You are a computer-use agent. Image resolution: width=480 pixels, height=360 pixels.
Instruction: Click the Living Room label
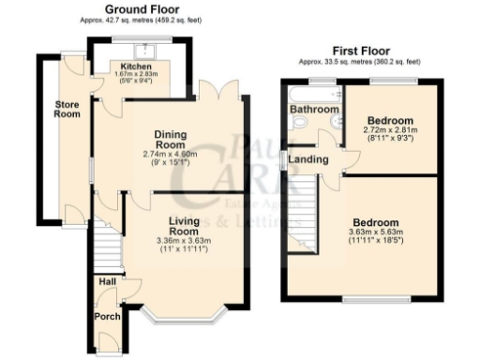(x=184, y=226)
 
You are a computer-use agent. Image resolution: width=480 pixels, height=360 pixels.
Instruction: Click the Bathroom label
(x=313, y=110)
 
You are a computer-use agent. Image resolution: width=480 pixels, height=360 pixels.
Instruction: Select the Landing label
(x=310, y=159)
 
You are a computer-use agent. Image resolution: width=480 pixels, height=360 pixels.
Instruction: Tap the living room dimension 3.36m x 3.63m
(x=184, y=241)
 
